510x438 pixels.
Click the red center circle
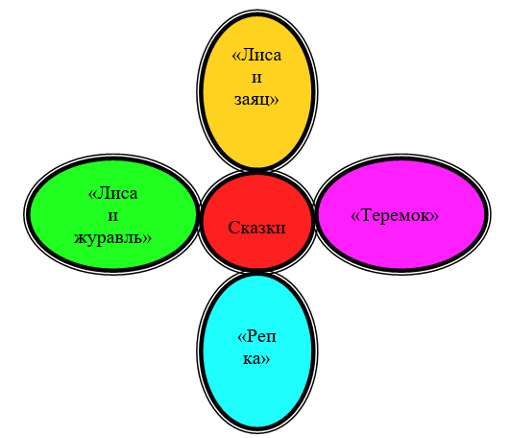point(257,222)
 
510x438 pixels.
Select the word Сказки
point(256,228)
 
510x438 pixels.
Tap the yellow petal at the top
point(257,90)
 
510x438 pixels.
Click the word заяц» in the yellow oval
point(256,100)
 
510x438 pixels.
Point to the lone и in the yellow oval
point(256,78)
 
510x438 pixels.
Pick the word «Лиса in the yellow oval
point(256,56)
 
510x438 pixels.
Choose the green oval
point(112,214)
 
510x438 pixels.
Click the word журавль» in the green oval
point(112,237)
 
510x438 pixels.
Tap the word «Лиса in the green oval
point(113,193)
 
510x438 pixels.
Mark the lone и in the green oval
point(112,216)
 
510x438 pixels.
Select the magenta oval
point(402,214)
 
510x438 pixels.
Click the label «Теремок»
point(395,215)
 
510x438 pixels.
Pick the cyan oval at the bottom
point(257,353)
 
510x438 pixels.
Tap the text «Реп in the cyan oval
point(257,336)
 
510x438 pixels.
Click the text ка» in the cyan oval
point(256,359)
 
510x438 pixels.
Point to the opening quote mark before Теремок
point(354,216)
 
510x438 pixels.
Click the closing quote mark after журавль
point(147,238)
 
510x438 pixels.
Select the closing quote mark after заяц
point(275,100)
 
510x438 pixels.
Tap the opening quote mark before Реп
point(242,337)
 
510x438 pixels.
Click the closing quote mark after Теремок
point(435,216)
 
